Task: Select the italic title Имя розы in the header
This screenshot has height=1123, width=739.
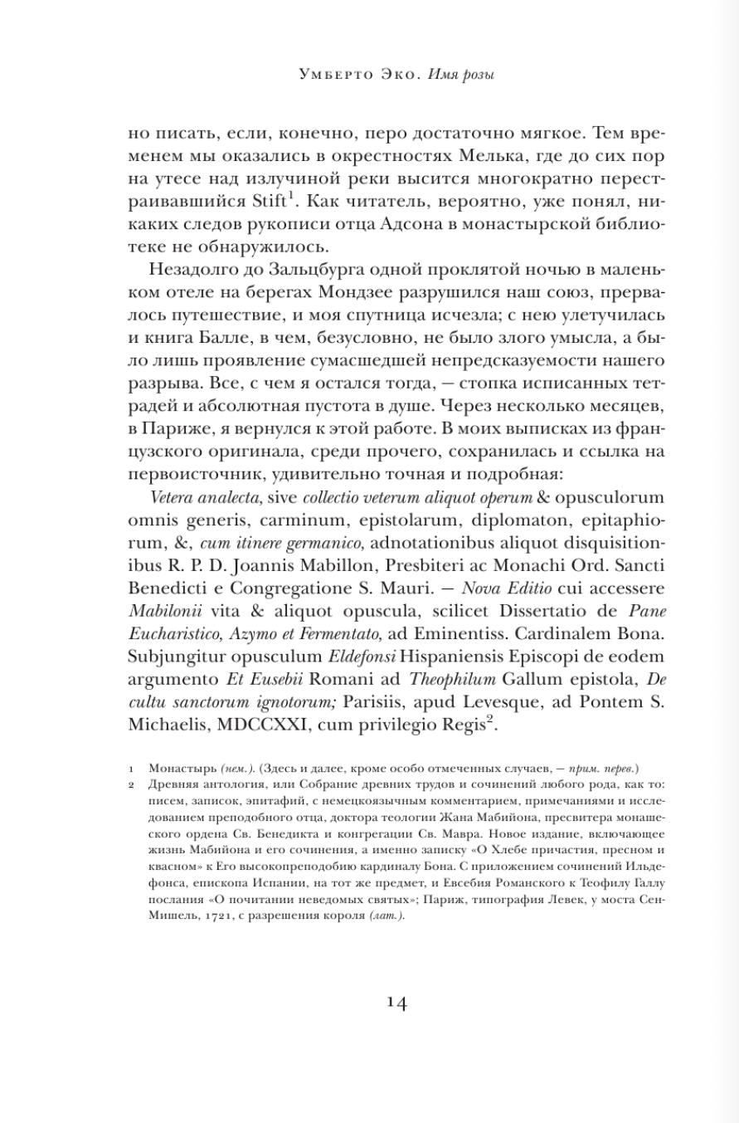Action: tap(461, 76)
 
